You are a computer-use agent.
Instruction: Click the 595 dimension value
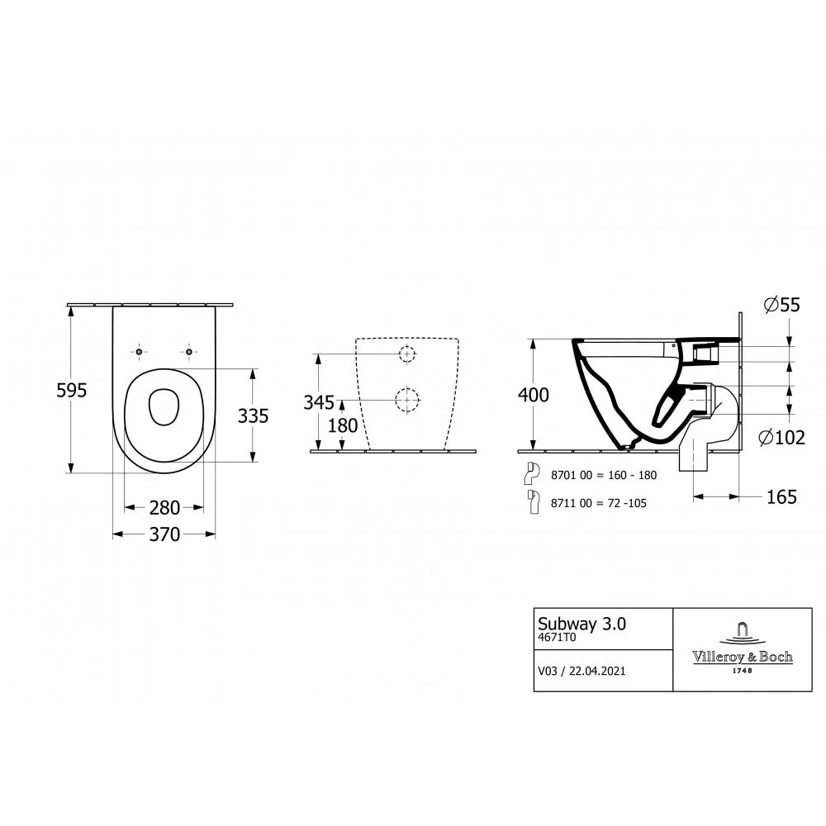click(x=71, y=391)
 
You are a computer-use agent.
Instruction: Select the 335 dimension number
click(x=253, y=416)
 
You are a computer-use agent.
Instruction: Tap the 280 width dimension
click(x=164, y=508)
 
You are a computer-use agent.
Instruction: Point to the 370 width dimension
click(x=164, y=534)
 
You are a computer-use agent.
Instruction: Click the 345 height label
click(x=319, y=402)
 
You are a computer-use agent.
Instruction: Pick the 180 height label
click(x=343, y=425)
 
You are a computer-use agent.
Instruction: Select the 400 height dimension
click(x=533, y=395)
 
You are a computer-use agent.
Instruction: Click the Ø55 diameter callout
click(x=781, y=305)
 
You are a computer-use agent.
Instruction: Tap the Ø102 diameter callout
click(x=781, y=437)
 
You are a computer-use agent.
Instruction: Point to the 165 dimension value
click(x=781, y=497)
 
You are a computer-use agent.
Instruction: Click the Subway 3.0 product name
click(x=582, y=624)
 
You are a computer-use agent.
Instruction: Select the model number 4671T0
click(x=556, y=638)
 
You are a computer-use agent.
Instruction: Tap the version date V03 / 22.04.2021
click(x=582, y=671)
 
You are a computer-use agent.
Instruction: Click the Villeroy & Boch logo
click(x=743, y=648)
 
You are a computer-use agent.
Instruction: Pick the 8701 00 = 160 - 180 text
click(x=604, y=475)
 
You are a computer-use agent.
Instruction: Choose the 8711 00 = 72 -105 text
click(x=598, y=503)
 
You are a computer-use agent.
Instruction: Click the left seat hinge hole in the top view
click(x=139, y=351)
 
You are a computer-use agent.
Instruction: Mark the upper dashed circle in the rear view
click(x=406, y=354)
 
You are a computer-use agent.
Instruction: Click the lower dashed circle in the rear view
click(x=406, y=401)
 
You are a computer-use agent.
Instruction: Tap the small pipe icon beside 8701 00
click(x=532, y=473)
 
